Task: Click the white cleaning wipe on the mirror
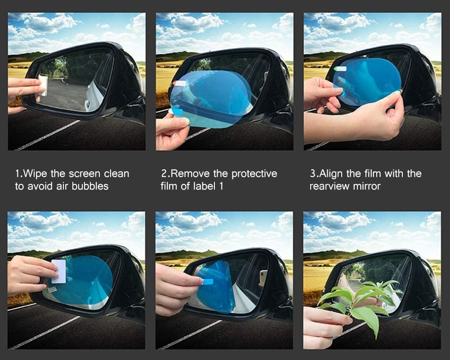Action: click(42, 85)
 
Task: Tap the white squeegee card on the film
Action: click(59, 271)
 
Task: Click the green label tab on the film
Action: click(340, 69)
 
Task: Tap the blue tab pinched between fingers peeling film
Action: click(207, 281)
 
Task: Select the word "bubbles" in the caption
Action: click(90, 186)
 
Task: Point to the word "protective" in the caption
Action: click(254, 174)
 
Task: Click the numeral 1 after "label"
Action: click(221, 186)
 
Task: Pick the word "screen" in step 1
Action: click(85, 174)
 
